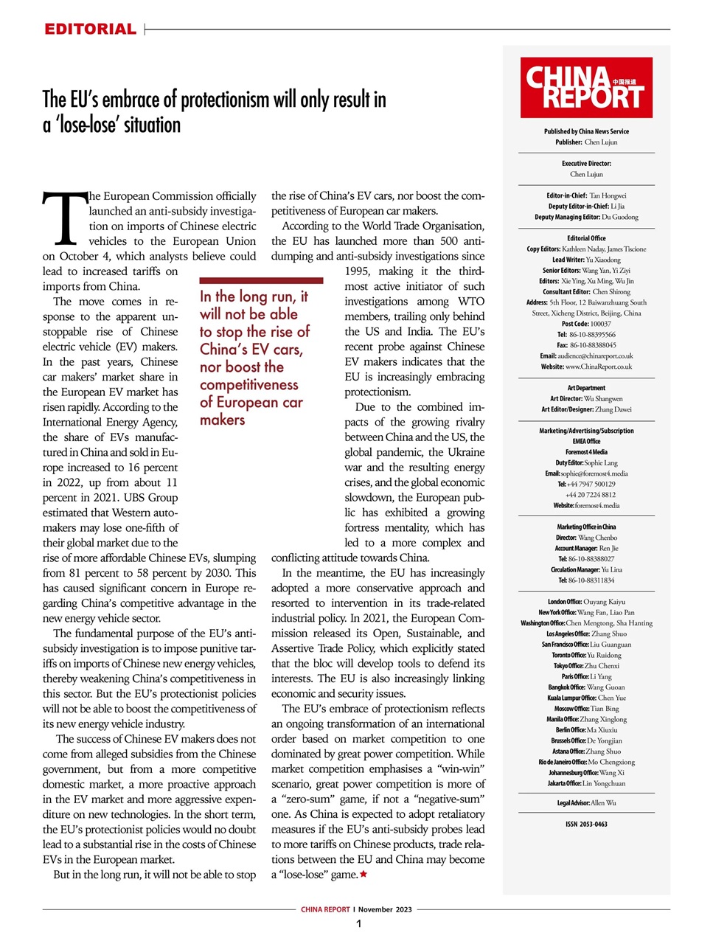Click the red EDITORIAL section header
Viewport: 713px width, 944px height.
[90, 29]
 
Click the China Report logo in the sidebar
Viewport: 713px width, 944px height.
[586, 88]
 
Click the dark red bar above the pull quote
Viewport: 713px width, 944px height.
[261, 280]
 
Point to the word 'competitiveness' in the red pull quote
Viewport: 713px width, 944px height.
[249, 384]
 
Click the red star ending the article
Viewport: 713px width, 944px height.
[364, 874]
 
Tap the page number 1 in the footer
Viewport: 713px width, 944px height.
[358, 924]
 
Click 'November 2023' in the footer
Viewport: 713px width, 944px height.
[385, 909]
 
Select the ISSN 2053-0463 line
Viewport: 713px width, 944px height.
[586, 824]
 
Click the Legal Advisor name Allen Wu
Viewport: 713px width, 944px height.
[603, 802]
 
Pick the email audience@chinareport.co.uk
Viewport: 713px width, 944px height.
[597, 355]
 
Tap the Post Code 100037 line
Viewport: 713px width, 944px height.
[586, 324]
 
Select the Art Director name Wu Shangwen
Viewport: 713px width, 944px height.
[603, 398]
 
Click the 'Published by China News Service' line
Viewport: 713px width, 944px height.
[586, 131]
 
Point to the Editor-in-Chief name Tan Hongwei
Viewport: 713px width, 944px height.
[608, 195]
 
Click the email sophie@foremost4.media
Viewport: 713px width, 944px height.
[594, 473]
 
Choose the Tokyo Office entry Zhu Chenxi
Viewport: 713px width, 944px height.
[602, 665]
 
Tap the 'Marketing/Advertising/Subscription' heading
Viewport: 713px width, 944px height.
[586, 431]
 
